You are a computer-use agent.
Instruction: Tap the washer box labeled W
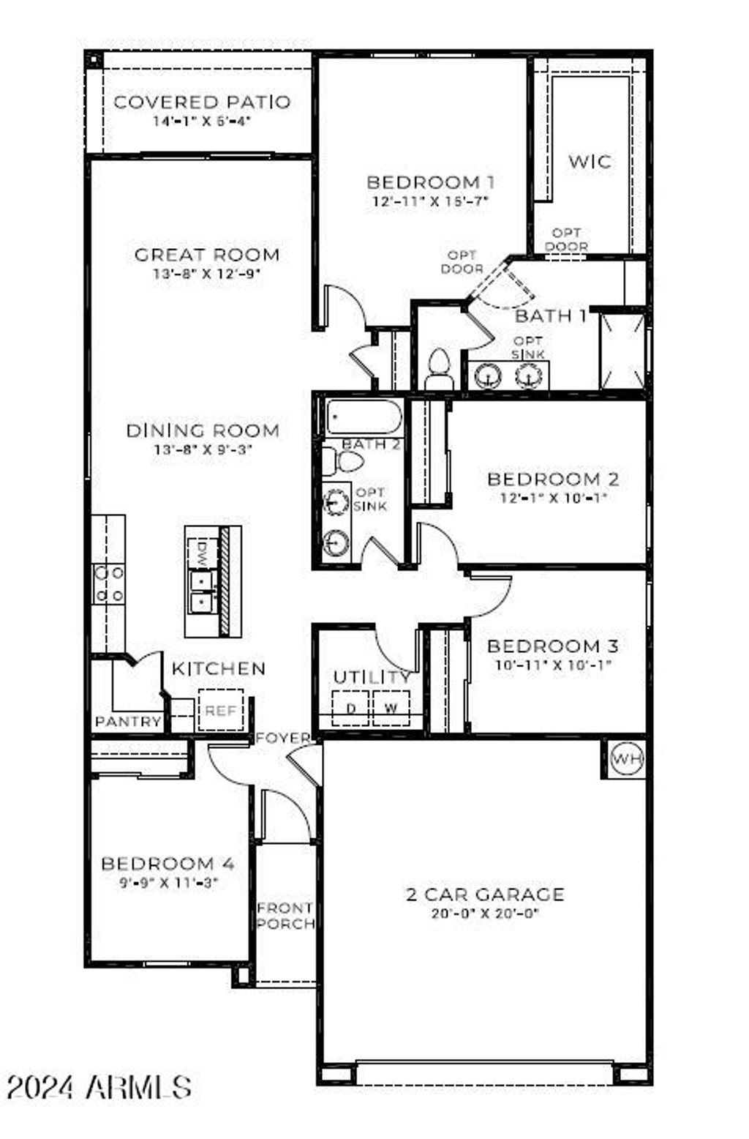pos(391,708)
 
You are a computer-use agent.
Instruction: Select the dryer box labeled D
pos(351,708)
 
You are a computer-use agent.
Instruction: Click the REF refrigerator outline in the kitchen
pos(220,710)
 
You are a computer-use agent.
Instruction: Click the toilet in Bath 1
pos(439,370)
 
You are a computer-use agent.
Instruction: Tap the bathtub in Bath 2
pos(364,417)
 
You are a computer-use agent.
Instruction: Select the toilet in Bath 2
pos(343,462)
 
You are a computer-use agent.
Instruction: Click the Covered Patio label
pos(202,102)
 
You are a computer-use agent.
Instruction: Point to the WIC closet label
pos(590,161)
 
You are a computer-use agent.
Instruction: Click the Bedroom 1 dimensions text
pos(430,201)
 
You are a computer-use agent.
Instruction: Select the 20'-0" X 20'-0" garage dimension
pos(485,914)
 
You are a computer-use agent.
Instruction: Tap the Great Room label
pos(207,255)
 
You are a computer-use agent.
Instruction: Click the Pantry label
pos(129,722)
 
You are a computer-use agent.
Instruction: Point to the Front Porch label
pos(285,916)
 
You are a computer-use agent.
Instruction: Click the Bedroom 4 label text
pos(168,864)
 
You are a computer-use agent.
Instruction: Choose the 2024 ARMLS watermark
pos(99,1088)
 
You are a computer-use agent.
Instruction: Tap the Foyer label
pos(283,738)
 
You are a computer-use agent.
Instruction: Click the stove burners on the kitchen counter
pos(108,584)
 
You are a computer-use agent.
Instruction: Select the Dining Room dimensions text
pos(203,450)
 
